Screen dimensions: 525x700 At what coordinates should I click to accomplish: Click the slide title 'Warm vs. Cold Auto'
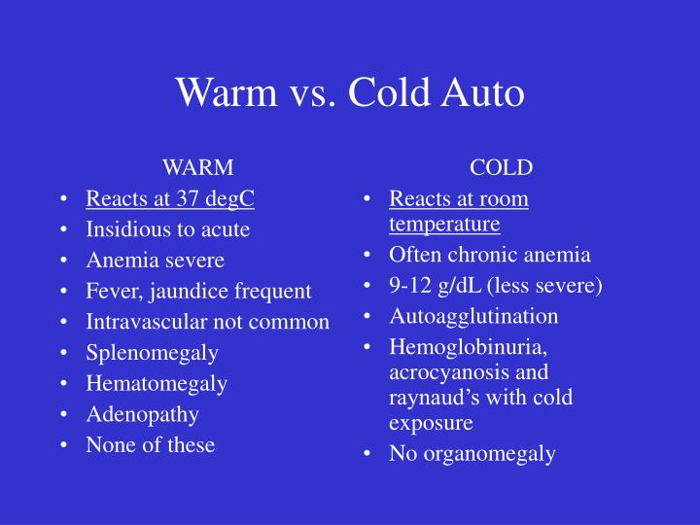pyautogui.click(x=350, y=93)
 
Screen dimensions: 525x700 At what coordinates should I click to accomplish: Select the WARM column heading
pyautogui.click(x=197, y=167)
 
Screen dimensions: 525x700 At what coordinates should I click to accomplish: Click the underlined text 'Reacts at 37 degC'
pyautogui.click(x=170, y=199)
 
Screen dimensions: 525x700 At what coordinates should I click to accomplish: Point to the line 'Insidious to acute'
pyautogui.click(x=167, y=230)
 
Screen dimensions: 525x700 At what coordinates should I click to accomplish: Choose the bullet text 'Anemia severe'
pyautogui.click(x=155, y=261)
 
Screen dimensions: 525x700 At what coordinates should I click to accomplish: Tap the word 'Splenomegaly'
pyautogui.click(x=152, y=353)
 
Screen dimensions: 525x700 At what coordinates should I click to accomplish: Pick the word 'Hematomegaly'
pyautogui.click(x=157, y=384)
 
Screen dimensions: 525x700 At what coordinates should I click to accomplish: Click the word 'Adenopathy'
pyautogui.click(x=142, y=414)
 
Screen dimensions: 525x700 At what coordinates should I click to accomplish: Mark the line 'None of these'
pyautogui.click(x=150, y=445)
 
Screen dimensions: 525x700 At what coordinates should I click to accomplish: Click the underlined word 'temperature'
pyautogui.click(x=444, y=225)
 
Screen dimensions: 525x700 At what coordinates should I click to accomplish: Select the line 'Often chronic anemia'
pyautogui.click(x=489, y=256)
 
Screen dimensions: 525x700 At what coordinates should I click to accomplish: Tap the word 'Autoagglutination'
pyautogui.click(x=473, y=317)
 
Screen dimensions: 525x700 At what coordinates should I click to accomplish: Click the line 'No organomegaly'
pyautogui.click(x=472, y=454)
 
